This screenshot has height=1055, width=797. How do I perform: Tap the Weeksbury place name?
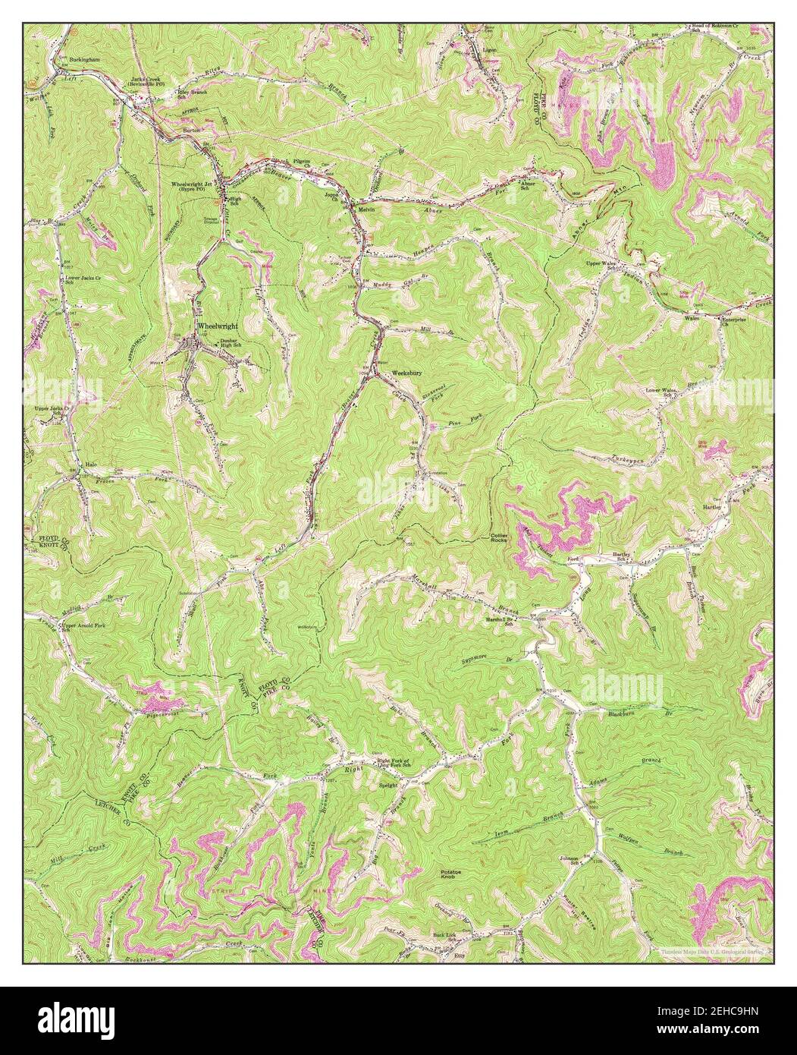406,373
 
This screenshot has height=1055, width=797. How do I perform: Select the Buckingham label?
85,58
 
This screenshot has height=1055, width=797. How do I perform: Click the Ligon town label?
487,49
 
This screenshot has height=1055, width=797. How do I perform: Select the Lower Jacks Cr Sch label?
80,281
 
